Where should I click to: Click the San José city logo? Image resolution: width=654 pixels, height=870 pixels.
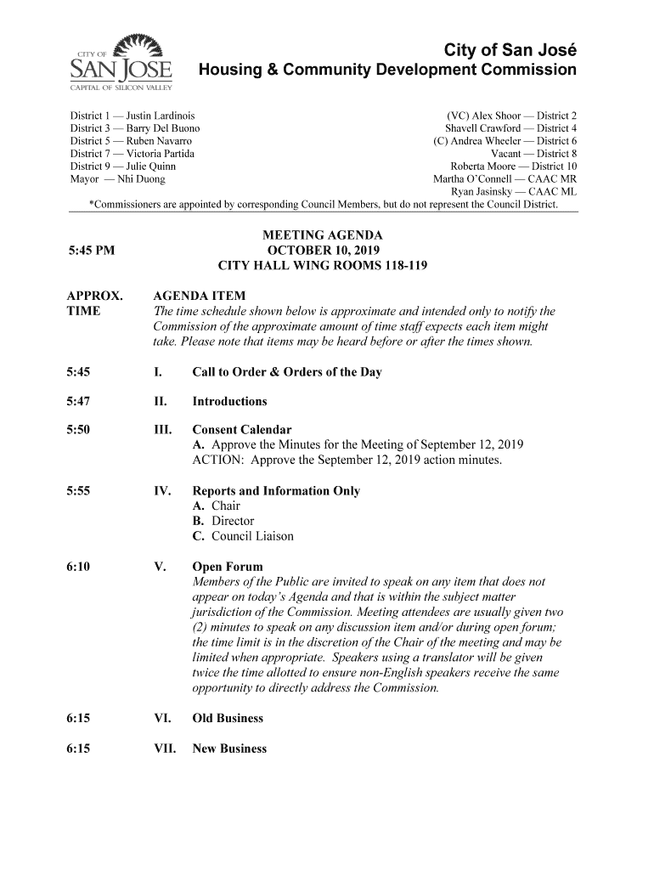click(x=120, y=64)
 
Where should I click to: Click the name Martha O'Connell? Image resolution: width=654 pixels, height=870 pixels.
click(x=473, y=180)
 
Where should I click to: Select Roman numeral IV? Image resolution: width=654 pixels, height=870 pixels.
click(x=161, y=491)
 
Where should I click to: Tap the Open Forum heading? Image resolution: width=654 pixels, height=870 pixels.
click(x=228, y=567)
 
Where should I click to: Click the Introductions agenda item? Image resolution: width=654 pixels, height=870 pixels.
click(x=230, y=401)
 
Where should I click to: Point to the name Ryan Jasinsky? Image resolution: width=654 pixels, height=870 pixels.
click(x=485, y=193)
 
